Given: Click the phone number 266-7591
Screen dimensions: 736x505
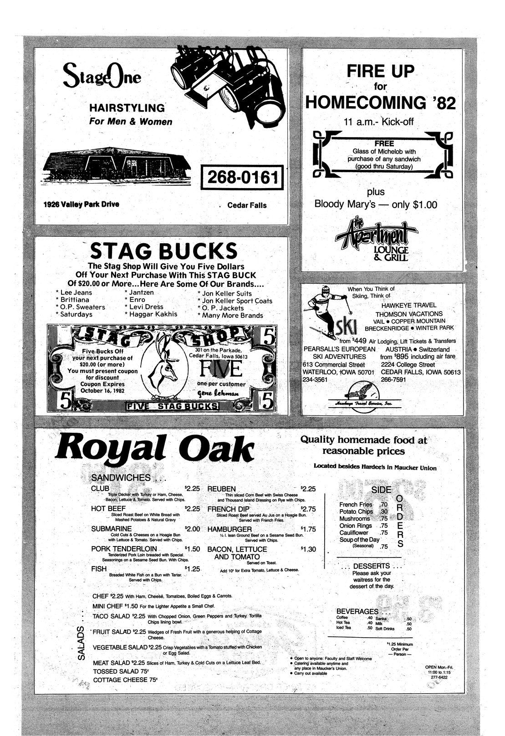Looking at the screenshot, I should [x=393, y=380].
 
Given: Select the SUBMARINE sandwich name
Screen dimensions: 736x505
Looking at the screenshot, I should [x=112, y=529].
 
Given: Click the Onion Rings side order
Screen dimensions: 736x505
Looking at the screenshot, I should [x=356, y=526].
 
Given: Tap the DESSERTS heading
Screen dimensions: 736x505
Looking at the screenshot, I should [x=371, y=566].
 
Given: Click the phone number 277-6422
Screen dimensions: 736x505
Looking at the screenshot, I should [x=440, y=677].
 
